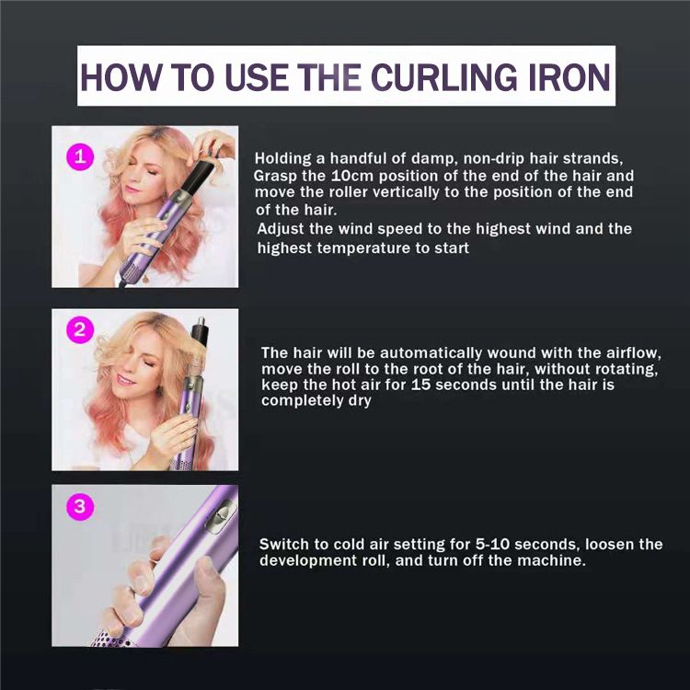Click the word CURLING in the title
444,76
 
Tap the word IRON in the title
569,76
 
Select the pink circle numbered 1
80,156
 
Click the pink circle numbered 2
80,329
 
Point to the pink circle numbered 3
80,507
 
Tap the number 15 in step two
420,385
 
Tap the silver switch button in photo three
220,517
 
